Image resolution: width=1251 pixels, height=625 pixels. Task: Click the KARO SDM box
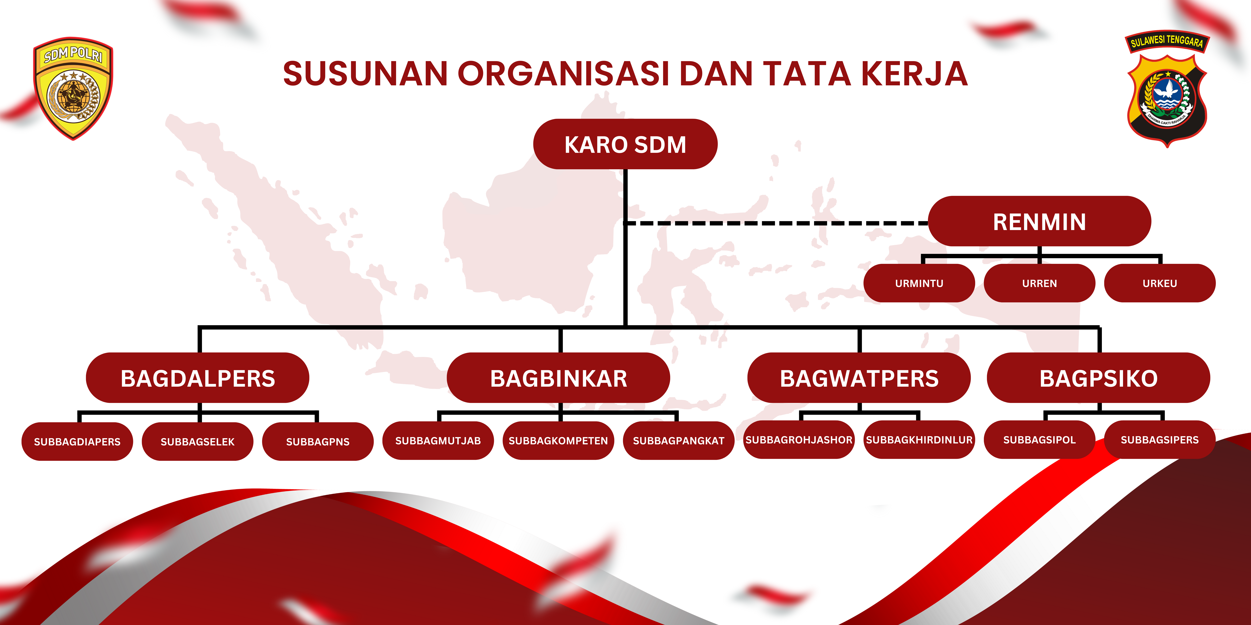coord(625,144)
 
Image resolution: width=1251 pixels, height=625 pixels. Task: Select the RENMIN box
coord(1039,221)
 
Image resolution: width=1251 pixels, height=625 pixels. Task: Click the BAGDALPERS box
coord(198,378)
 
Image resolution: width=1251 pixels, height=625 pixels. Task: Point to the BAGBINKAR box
coord(559,378)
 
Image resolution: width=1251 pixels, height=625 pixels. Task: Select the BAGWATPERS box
coord(859,378)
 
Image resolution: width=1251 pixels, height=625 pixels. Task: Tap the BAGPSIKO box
coord(1098,378)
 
